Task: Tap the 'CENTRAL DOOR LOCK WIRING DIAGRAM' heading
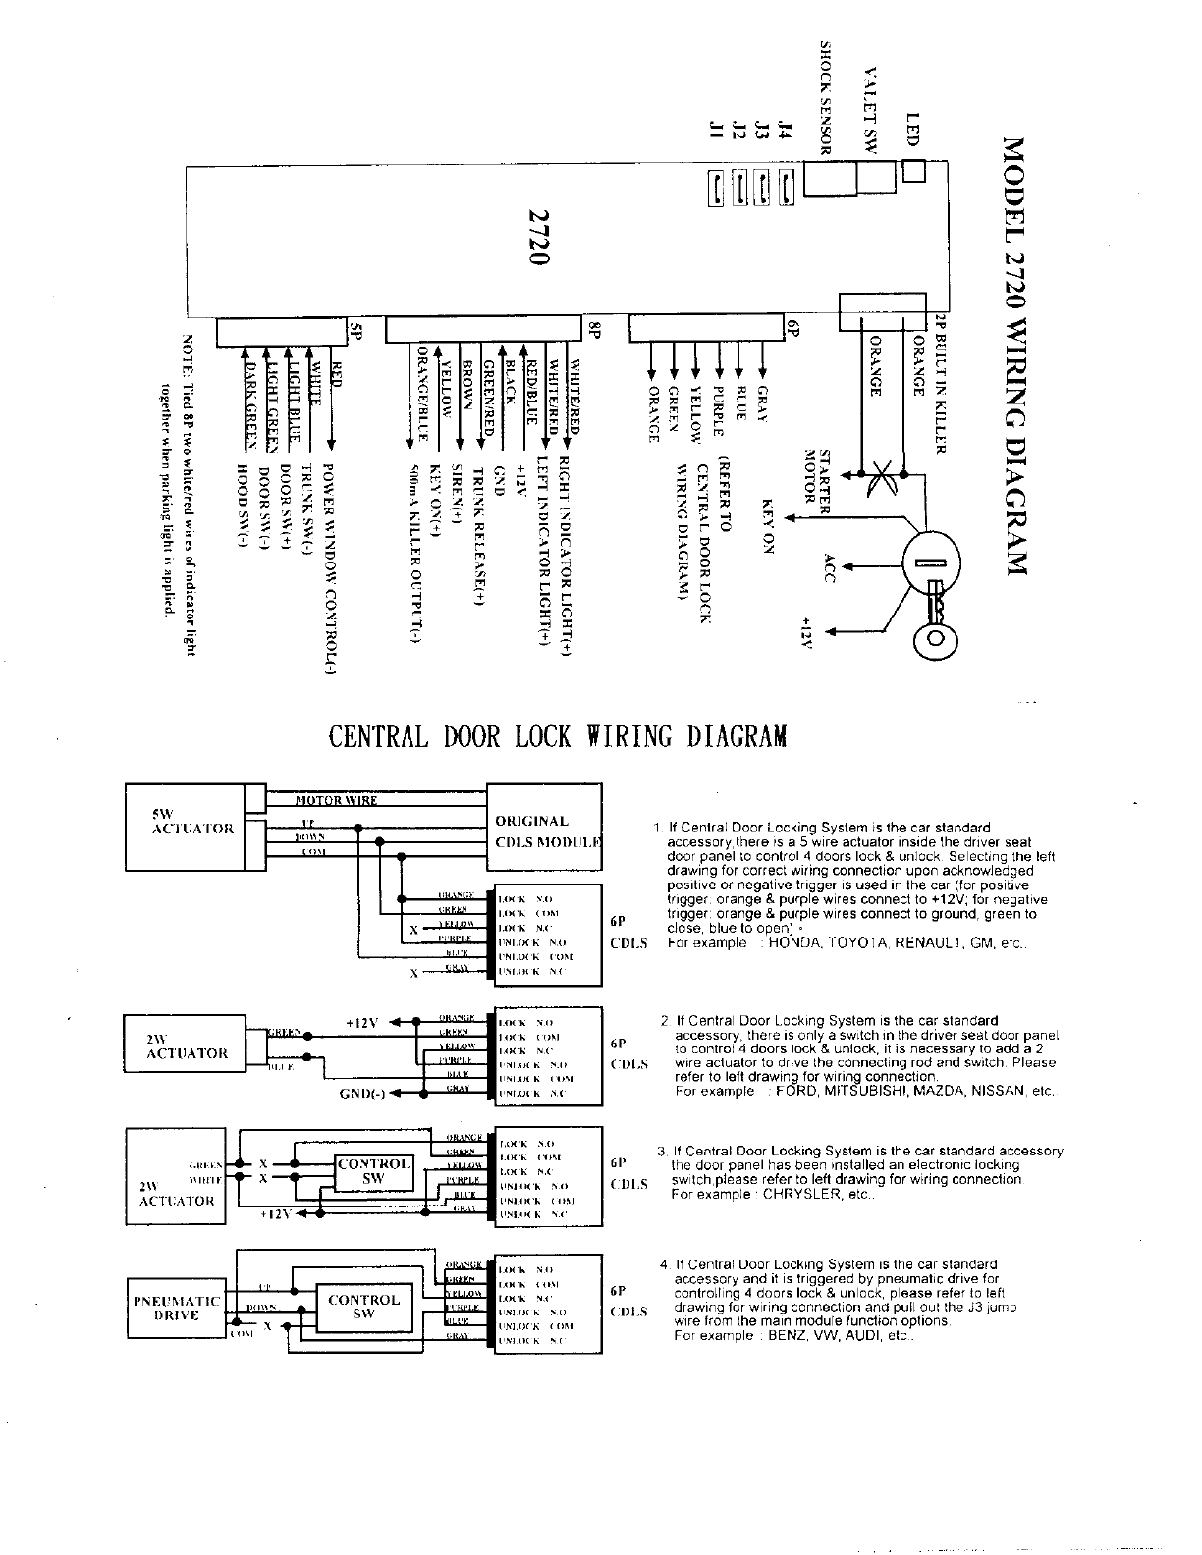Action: click(x=557, y=736)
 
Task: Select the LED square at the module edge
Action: click(x=913, y=171)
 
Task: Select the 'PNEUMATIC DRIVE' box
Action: click(x=177, y=1308)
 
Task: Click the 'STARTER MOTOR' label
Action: click(x=818, y=475)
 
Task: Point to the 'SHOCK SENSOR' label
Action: click(x=827, y=96)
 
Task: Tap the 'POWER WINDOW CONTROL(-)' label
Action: click(x=330, y=568)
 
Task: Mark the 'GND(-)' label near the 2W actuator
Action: click(x=362, y=1095)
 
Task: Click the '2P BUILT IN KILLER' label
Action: click(x=939, y=384)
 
